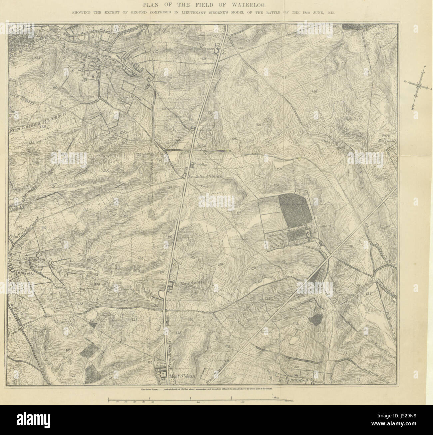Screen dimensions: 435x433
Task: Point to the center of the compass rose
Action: (x=418, y=85)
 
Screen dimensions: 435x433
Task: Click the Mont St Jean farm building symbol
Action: (x=163, y=375)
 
